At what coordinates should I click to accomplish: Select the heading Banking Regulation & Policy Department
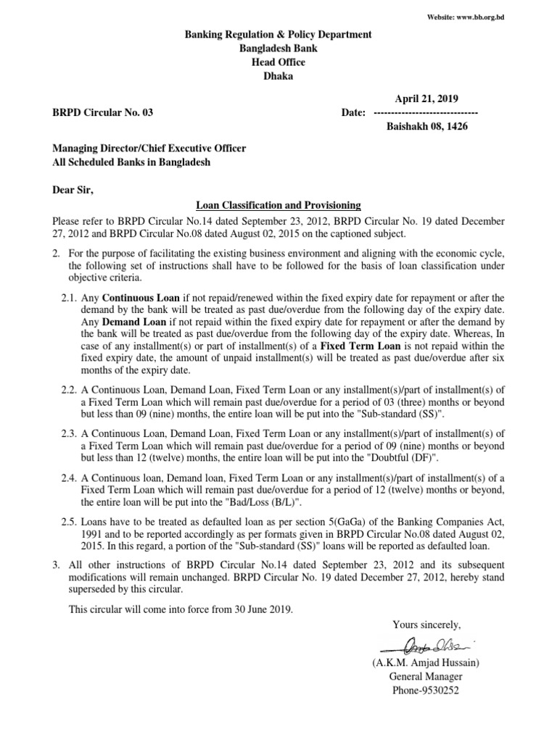278,34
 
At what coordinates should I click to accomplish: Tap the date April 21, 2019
426,99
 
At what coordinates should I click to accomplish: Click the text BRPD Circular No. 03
103,112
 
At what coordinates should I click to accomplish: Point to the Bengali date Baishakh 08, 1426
426,126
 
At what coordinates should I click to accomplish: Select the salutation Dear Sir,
73,191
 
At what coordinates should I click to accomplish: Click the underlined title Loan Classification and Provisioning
278,206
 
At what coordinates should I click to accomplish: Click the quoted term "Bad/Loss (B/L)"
254,502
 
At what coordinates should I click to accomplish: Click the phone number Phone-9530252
426,691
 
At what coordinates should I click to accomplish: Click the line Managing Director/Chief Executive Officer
149,149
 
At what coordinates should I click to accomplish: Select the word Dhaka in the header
278,77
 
